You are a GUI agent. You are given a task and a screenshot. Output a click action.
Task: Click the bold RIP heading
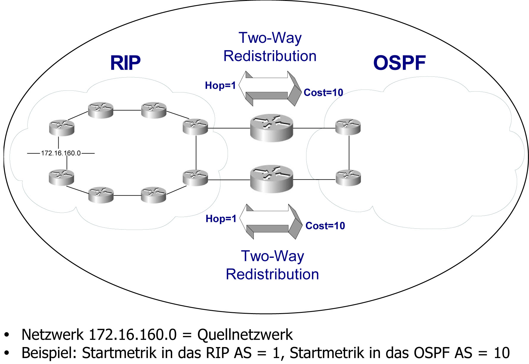[125, 63]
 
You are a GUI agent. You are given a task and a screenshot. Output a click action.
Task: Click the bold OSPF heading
[399, 63]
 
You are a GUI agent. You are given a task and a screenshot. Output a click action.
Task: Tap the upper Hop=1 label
[220, 86]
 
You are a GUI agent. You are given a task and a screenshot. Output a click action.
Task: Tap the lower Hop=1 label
[221, 219]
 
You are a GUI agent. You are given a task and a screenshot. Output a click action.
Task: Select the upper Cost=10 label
[323, 93]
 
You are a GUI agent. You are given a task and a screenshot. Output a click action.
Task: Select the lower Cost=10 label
[325, 226]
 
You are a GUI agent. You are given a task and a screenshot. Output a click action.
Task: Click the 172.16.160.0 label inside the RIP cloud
[61, 153]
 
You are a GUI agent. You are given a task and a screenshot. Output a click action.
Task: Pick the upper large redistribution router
[271, 128]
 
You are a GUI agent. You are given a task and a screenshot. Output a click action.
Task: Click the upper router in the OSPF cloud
[348, 127]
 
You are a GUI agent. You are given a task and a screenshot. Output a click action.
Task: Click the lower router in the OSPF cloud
[348, 178]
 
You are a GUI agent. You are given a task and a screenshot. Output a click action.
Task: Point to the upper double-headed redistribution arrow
[270, 88]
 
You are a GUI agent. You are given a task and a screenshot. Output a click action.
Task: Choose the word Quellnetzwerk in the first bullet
[245, 335]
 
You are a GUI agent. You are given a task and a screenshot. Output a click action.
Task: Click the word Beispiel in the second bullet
[49, 353]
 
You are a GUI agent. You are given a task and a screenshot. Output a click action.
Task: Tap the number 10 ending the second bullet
[502, 353]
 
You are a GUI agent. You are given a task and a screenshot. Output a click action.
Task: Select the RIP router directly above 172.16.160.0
[61, 128]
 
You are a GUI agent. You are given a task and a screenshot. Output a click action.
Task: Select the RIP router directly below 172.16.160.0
[61, 178]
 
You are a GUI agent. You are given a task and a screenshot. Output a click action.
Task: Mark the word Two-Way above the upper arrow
[270, 38]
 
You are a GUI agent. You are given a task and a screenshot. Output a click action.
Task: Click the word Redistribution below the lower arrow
[272, 274]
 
